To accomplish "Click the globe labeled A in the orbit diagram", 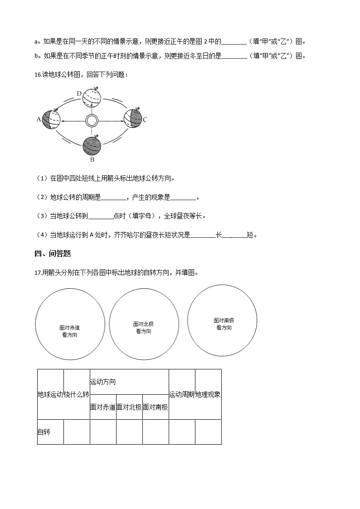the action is pos(51,120).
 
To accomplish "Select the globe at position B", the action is pos(92,145).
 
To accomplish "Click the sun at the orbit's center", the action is pos(92,121).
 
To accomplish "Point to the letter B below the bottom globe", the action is pos(92,159).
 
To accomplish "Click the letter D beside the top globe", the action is pos(79,94).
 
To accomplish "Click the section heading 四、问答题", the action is pos(53,254).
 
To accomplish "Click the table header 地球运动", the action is pos(50,394).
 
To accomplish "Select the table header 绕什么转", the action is pos(77,394).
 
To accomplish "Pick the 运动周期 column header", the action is pos(182,394).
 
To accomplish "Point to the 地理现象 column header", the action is pos(208,394).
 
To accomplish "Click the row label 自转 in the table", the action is pos(44,432).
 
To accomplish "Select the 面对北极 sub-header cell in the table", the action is pos(129,407).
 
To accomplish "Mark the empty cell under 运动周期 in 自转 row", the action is pos(182,432).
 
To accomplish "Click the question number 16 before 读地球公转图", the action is pos(38,74).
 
